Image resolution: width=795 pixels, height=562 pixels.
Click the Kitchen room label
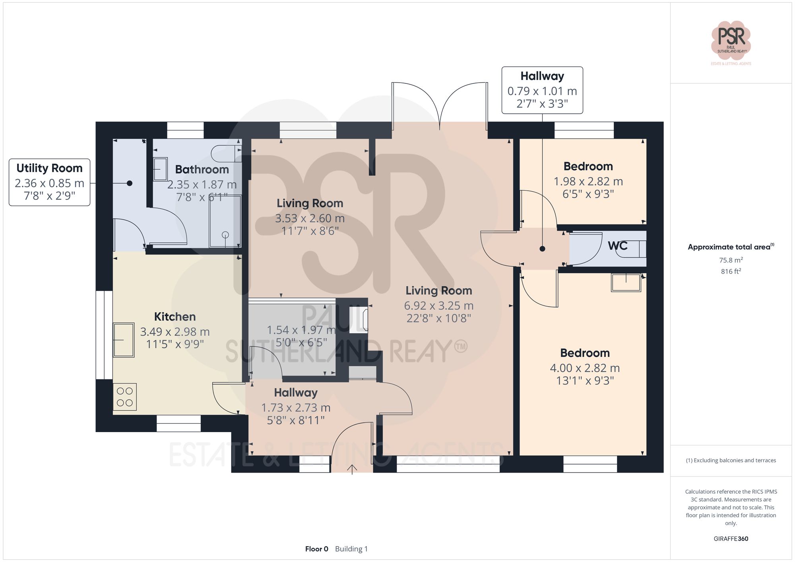point(175,317)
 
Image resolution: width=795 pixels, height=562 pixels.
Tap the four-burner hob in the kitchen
point(125,397)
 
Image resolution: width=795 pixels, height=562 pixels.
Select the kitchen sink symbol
point(124,340)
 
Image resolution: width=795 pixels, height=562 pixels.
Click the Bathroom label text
point(202,170)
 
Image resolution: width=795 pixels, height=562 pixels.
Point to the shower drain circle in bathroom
point(225,235)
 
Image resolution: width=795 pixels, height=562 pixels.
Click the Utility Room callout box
point(50,182)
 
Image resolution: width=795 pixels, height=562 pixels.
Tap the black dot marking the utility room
point(130,183)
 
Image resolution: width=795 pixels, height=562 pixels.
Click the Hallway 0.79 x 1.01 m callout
point(542,91)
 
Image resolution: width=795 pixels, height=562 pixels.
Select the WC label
point(617,246)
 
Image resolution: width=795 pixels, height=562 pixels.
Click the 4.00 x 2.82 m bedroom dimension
point(584,368)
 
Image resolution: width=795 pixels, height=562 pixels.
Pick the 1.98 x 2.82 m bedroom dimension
point(588,182)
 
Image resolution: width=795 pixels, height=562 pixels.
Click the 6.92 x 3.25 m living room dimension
point(438,306)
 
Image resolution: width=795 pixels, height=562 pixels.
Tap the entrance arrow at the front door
point(352,469)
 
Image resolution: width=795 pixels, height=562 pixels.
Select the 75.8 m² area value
point(731,260)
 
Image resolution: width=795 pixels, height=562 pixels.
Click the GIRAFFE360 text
point(731,539)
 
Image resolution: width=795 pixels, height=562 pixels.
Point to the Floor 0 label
point(316,549)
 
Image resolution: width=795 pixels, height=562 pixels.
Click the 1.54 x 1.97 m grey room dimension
point(301,330)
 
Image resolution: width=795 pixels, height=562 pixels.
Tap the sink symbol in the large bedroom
point(626,282)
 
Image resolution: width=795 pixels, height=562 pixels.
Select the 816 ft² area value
point(731,272)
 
